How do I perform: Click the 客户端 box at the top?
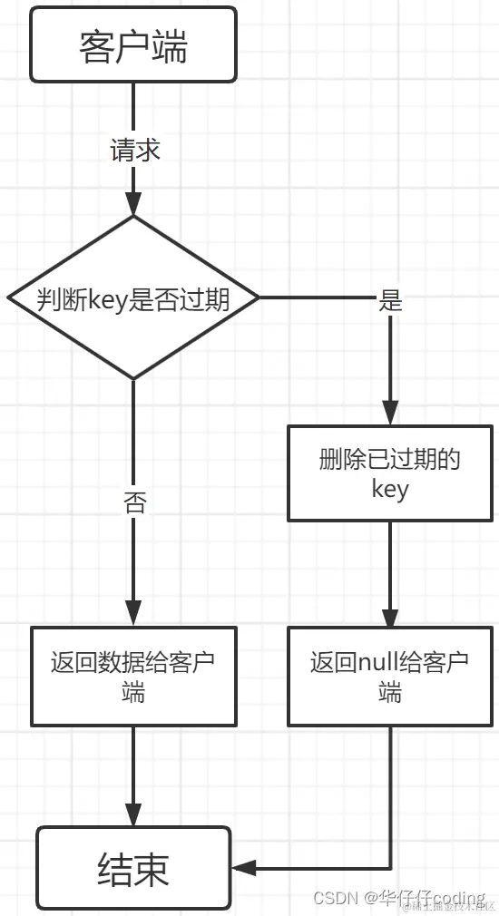point(133,45)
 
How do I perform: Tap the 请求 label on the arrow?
point(134,151)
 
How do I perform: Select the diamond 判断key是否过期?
point(133,297)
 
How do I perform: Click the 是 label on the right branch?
point(390,300)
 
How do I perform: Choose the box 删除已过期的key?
point(390,473)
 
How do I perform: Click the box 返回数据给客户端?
point(133,676)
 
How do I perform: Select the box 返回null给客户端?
point(390,676)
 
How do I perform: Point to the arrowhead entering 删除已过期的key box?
point(390,415)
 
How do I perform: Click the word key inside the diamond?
point(108,298)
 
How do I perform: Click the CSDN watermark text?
point(334,898)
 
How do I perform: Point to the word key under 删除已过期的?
point(390,490)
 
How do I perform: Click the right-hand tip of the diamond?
point(258,297)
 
